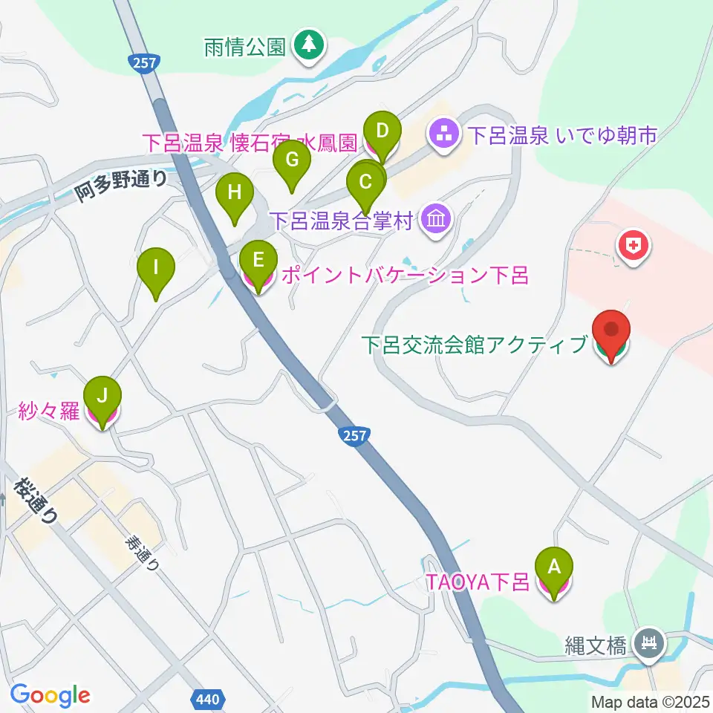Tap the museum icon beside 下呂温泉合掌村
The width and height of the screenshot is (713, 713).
435,220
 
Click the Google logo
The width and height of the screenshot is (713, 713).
51,695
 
